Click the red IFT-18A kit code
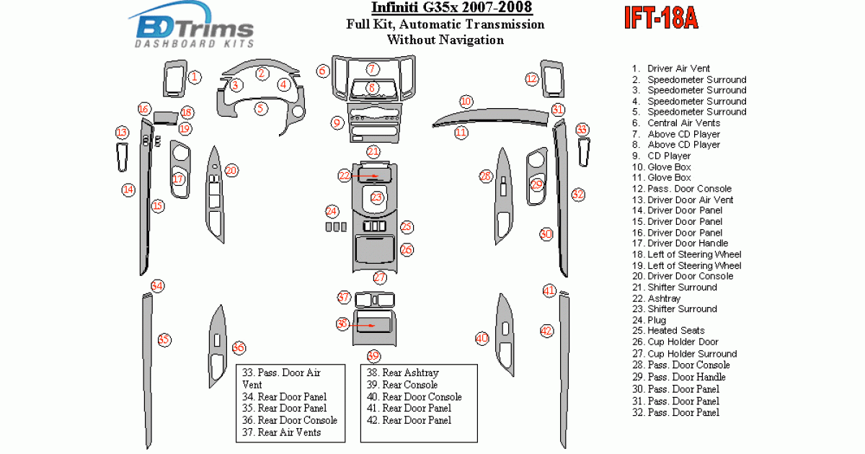click(x=660, y=19)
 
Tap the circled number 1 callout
click(x=194, y=76)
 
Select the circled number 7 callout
click(x=372, y=69)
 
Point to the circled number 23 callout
click(x=377, y=197)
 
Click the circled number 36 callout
click(x=239, y=348)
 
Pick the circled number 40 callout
click(x=482, y=338)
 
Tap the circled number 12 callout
click(x=532, y=79)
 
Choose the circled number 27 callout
click(x=380, y=277)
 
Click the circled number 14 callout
click(x=128, y=190)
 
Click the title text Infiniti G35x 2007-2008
click(x=452, y=9)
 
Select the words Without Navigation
click(x=445, y=40)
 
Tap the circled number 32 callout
click(x=578, y=195)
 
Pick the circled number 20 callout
click(x=231, y=171)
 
